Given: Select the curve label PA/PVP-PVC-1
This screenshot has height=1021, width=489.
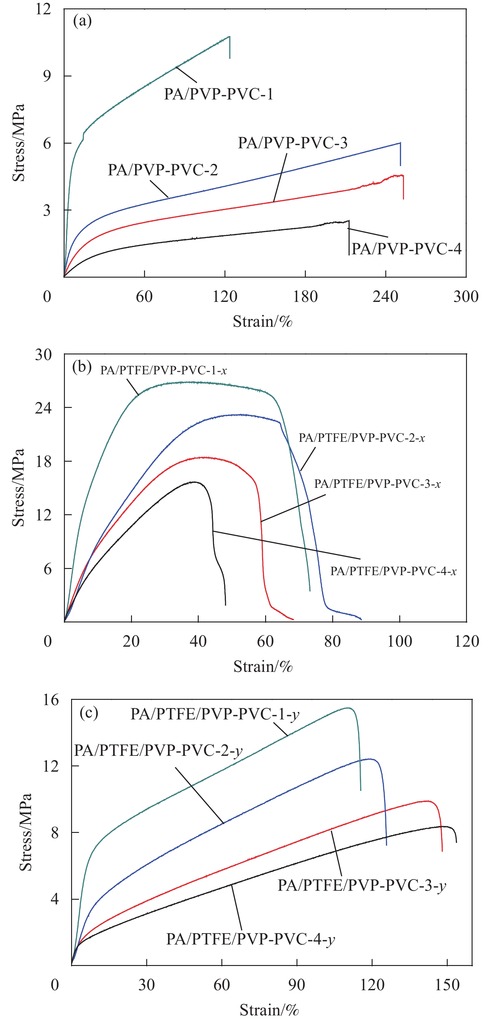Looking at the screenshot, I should pos(219,94).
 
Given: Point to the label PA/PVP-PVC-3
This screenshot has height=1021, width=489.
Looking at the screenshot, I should pos(292,143).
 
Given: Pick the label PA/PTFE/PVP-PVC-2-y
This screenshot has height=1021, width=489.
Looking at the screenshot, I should pos(158,750).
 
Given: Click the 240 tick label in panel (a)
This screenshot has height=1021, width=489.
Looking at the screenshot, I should pos(385,297).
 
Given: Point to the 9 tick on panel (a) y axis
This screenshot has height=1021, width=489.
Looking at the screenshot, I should pos(47,76).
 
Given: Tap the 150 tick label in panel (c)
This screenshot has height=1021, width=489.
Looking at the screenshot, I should pos(447,985).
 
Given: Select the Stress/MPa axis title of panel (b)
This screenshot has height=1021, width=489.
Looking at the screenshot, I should pos(19,487).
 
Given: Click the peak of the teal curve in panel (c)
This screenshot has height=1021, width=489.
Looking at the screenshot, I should pos(348,708).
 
